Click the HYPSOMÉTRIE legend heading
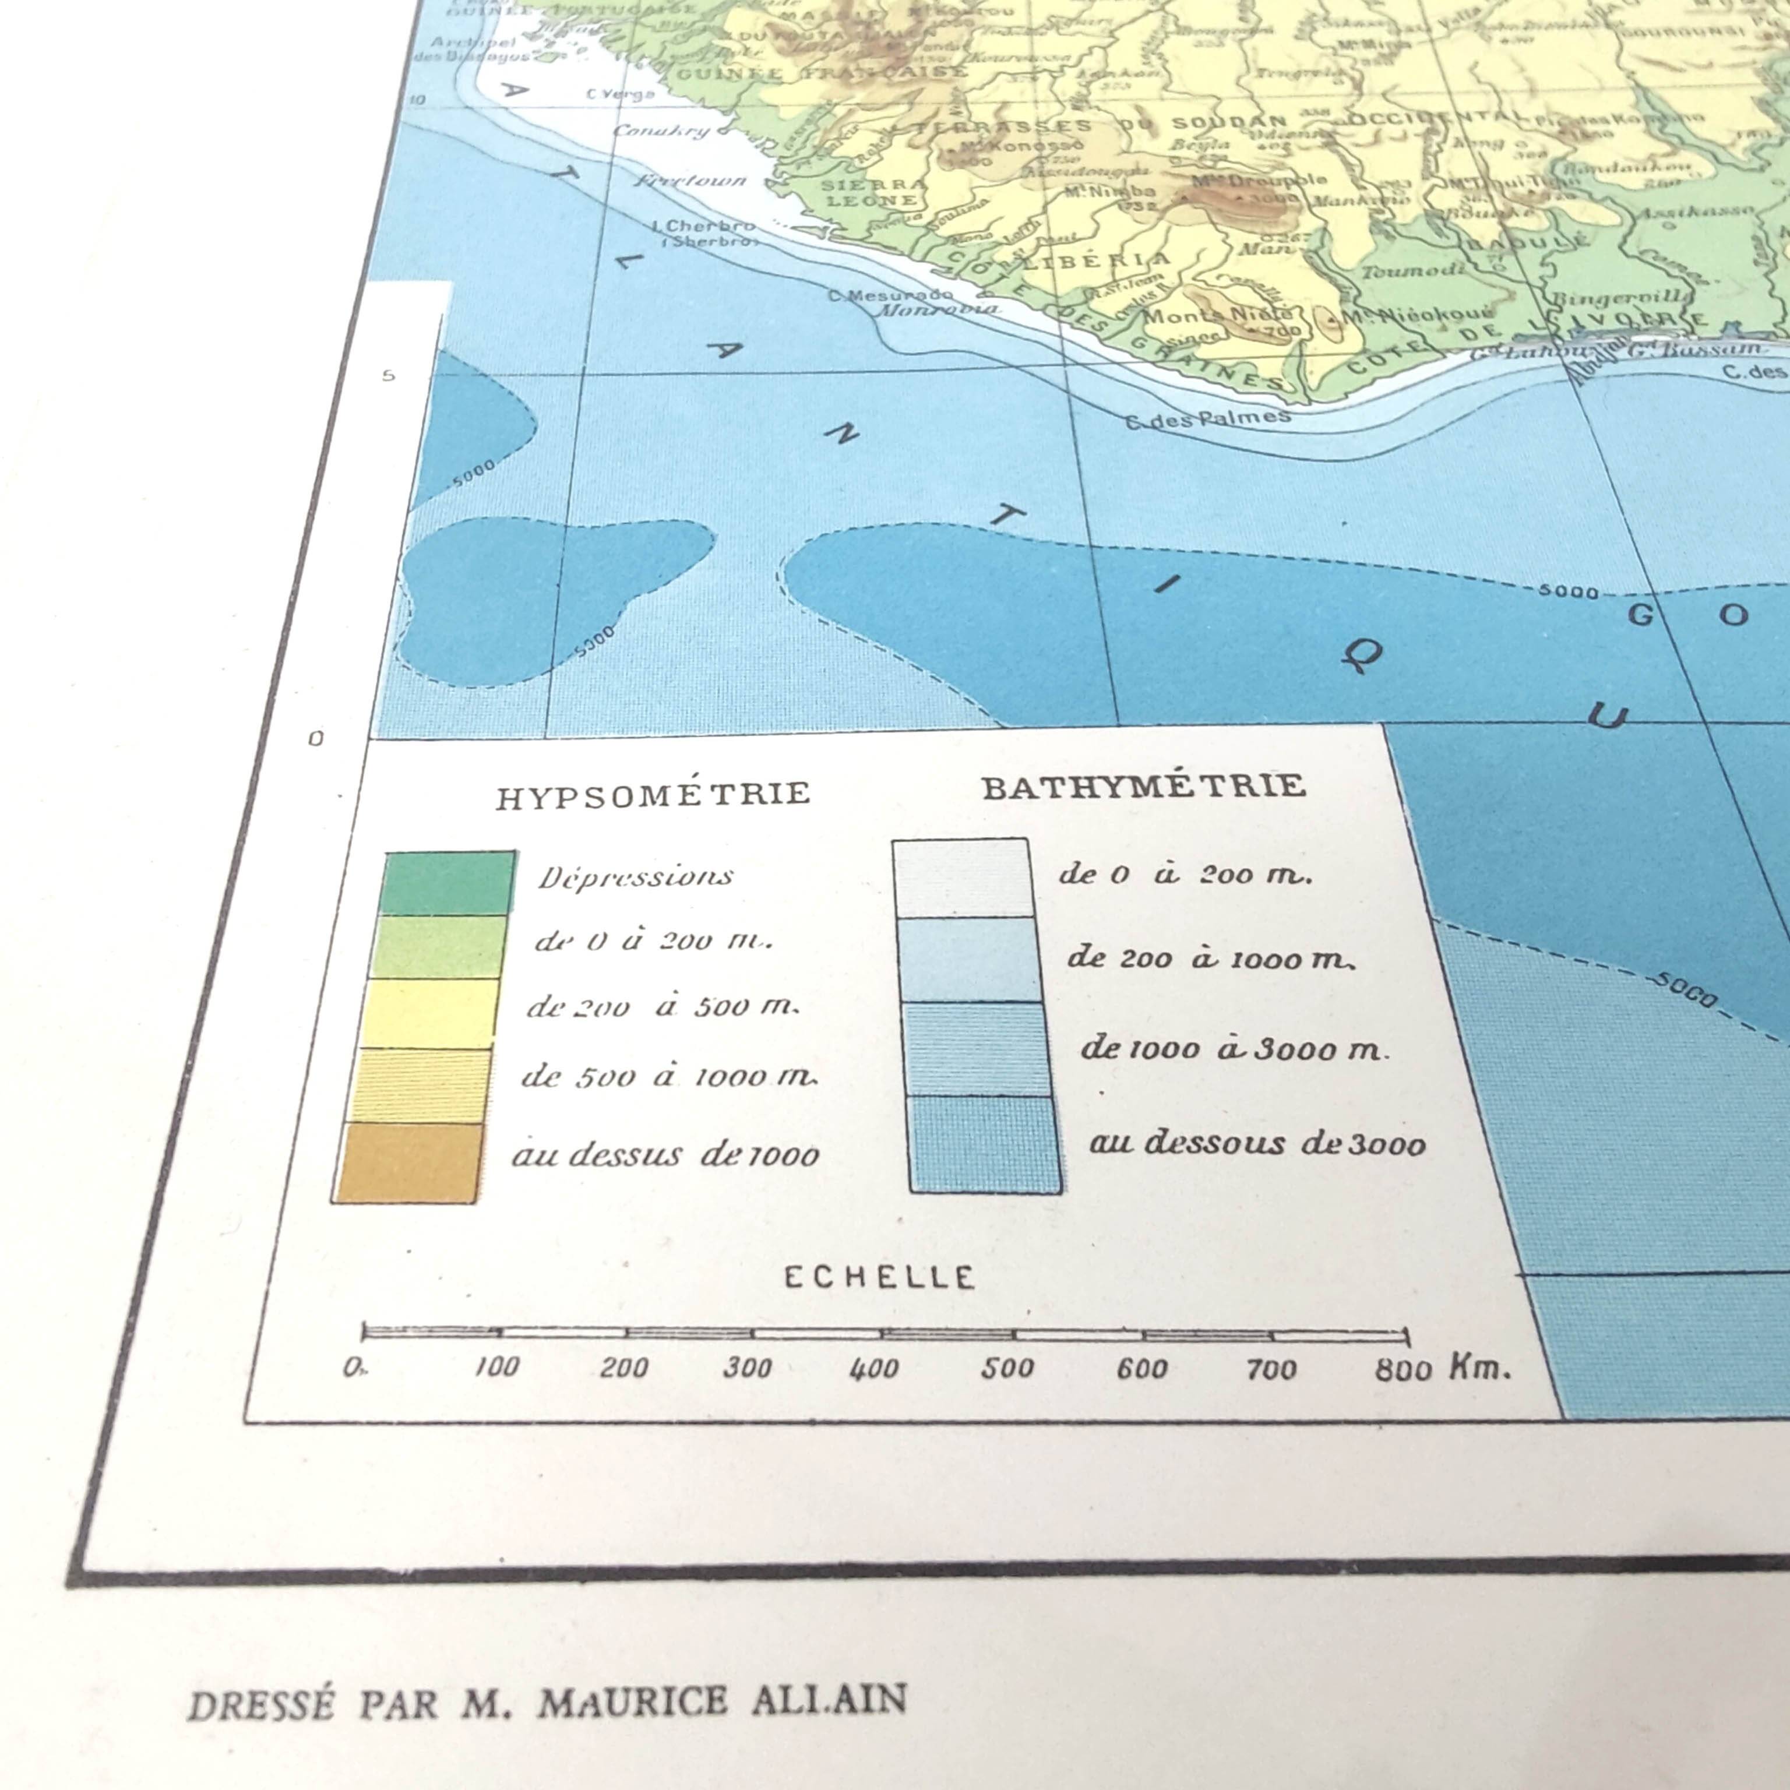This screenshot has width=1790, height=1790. point(653,795)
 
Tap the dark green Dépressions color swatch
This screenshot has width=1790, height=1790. point(449,883)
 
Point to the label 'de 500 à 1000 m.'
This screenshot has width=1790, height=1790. point(668,1077)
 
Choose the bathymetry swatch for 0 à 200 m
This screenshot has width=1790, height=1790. point(961,878)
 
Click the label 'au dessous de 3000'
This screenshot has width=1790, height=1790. point(1256,1143)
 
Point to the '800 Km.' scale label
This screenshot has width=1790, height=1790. point(1442,1369)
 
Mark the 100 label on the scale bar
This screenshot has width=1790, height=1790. point(496,1366)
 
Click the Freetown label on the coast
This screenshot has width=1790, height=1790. point(691,179)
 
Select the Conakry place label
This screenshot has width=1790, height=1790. point(661,130)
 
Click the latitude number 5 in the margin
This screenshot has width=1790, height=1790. point(388,375)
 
